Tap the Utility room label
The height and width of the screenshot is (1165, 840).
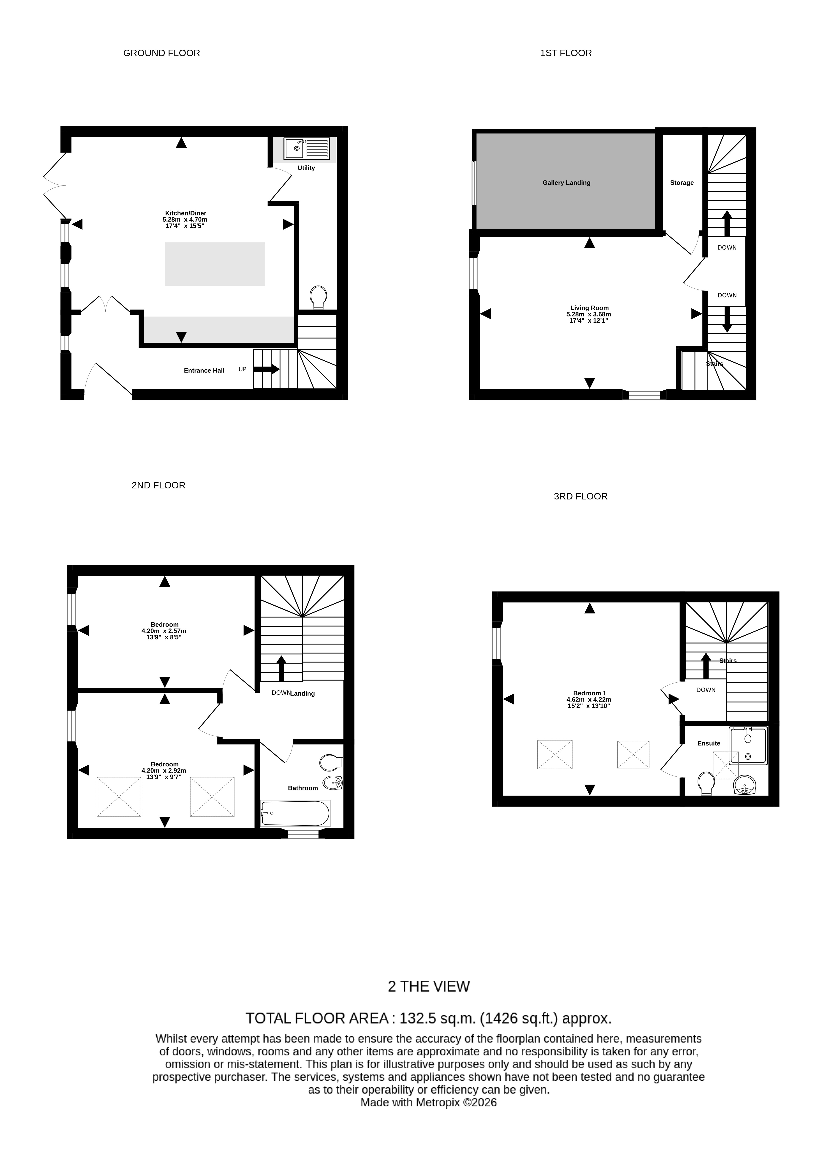coord(306,168)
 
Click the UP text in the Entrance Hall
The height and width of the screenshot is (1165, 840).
coord(243,369)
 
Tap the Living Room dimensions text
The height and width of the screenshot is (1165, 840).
coord(589,317)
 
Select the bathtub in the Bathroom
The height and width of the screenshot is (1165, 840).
coord(295,814)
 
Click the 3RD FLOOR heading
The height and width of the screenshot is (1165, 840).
coord(581,496)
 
